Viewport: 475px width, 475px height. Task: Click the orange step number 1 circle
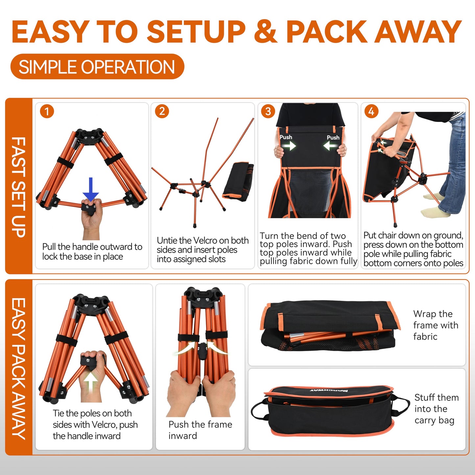click(x=47, y=111)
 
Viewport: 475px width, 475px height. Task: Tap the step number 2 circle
click(x=162, y=111)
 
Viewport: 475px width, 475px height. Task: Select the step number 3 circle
click(x=268, y=111)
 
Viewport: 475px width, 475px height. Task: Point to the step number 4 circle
click(x=371, y=111)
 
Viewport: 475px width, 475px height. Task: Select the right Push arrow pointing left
click(x=331, y=146)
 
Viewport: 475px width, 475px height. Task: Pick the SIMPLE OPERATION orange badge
click(x=97, y=67)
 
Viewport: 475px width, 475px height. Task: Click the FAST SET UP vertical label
click(x=18, y=187)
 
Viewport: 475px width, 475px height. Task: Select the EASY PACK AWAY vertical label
click(x=18, y=368)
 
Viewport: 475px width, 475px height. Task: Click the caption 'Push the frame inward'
click(x=200, y=430)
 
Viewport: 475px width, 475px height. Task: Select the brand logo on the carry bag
click(x=329, y=391)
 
